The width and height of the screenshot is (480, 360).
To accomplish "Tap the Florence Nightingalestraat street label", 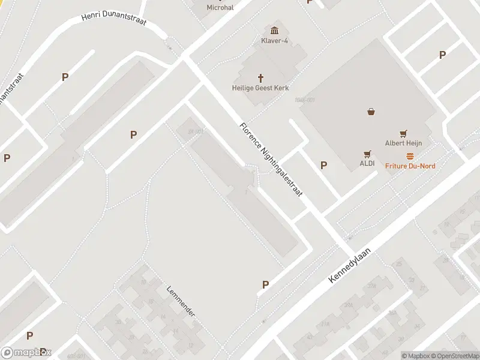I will pos(271,161).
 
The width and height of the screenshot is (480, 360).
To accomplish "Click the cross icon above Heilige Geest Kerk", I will pos(261,77).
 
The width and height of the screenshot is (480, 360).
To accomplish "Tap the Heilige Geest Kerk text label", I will pos(261,88).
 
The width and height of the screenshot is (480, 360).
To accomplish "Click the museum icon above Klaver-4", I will pos(275,31).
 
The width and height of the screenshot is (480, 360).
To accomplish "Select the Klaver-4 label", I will pos(275,41).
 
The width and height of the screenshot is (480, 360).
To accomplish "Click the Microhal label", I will pos(220,8).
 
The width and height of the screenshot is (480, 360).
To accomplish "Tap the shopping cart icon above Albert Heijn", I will pos(403,134).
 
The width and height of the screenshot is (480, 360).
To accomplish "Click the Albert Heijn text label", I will pos(403,143).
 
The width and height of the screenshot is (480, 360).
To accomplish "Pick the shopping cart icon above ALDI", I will pos(367,154).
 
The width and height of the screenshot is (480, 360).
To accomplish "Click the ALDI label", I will pos(367,163).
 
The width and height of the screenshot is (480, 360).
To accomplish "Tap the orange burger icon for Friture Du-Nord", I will pos(410,156).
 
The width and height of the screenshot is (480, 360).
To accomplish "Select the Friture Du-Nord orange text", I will pos(410,166).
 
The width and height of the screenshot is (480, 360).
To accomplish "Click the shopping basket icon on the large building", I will pos(371,111).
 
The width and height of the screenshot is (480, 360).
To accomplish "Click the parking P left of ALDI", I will pos(324,165).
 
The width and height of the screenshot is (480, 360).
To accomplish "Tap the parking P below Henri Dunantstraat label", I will pos(65,77).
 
